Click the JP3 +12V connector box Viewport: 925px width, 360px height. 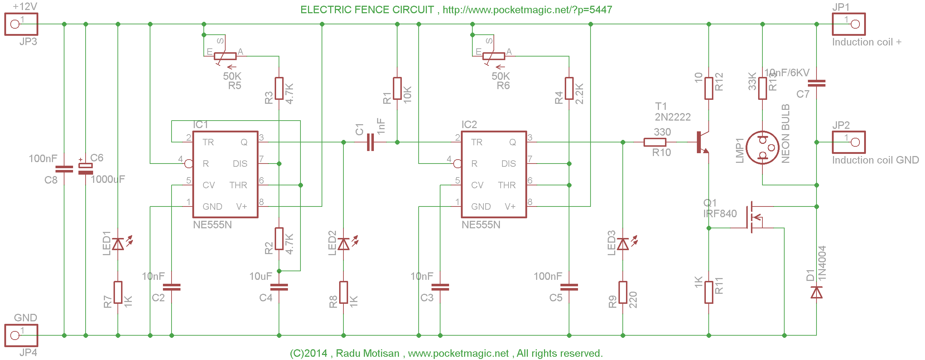21,24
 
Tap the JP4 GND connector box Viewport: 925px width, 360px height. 21,335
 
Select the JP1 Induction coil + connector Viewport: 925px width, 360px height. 849,24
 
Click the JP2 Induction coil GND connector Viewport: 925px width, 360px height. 849,142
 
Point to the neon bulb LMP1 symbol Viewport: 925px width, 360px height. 762,147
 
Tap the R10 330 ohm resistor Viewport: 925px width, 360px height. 655,142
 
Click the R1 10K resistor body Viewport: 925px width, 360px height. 397,88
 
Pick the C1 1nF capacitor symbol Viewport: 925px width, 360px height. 371,142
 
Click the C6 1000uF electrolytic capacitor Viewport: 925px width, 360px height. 86,169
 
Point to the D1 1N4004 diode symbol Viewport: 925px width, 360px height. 816,292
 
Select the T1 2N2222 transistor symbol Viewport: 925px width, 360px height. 702,142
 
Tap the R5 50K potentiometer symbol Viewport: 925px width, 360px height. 225,56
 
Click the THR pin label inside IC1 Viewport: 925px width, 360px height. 238,185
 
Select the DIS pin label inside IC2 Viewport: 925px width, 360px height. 509,164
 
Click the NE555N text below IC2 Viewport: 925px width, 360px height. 481,225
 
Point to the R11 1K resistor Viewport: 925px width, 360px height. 708,292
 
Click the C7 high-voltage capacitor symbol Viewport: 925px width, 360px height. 816,83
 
